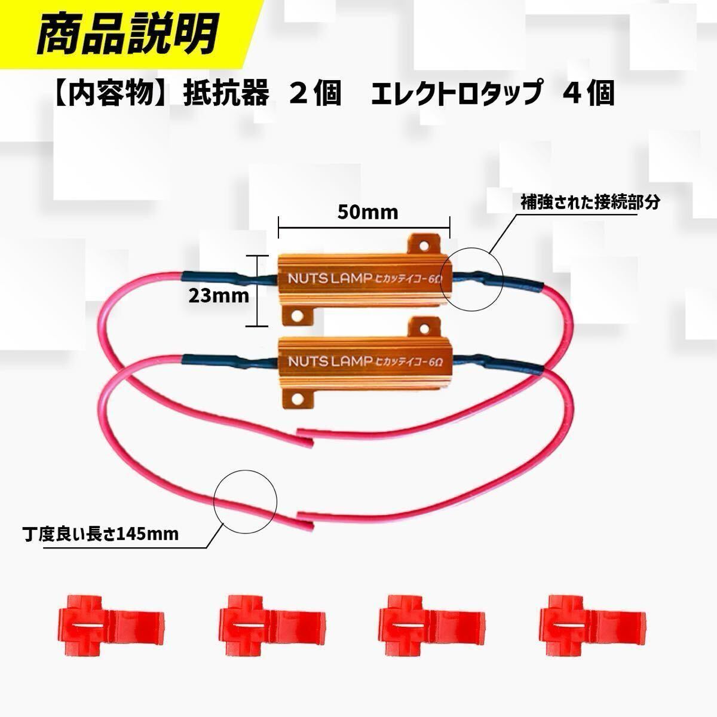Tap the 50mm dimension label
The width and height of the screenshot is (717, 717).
pyautogui.click(x=367, y=212)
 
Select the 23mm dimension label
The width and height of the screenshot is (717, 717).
pyautogui.click(x=219, y=296)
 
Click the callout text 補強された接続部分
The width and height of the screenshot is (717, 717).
pyautogui.click(x=590, y=203)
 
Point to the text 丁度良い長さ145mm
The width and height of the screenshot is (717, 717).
pyautogui.click(x=100, y=534)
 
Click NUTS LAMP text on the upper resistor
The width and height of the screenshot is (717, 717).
pyautogui.click(x=330, y=279)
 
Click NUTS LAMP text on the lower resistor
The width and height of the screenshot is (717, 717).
pyautogui.click(x=330, y=361)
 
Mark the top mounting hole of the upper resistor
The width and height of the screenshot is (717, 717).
pyautogui.click(x=424, y=246)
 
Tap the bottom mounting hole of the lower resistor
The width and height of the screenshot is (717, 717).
pyautogui.click(x=296, y=398)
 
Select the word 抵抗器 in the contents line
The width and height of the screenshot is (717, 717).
pyautogui.click(x=226, y=93)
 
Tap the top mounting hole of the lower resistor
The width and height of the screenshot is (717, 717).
pyautogui.click(x=424, y=328)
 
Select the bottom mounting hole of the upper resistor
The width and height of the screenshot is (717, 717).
pyautogui.click(x=296, y=316)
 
